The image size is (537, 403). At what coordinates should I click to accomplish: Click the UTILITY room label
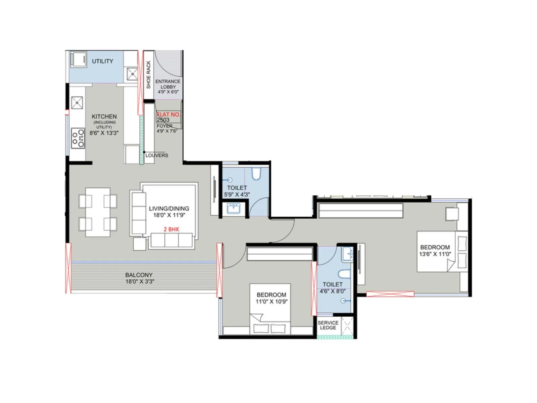pyautogui.click(x=102, y=61)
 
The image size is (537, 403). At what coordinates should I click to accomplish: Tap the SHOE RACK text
pyautogui.click(x=149, y=75)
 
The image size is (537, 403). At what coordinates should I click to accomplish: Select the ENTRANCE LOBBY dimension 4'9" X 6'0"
pyautogui.click(x=168, y=92)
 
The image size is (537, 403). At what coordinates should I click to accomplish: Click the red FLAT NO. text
pyautogui.click(x=168, y=115)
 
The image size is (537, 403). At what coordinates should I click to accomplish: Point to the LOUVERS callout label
pyautogui.click(x=157, y=155)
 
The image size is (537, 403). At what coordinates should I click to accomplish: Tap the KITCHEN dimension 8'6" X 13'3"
pyautogui.click(x=104, y=133)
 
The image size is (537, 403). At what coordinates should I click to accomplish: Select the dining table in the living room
pyautogui.click(x=98, y=212)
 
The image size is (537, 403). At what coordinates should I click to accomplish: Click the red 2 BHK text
pyautogui.click(x=171, y=229)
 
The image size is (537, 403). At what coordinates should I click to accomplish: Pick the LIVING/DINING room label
pyautogui.click(x=169, y=209)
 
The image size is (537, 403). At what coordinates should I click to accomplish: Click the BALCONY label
pyautogui.click(x=139, y=275)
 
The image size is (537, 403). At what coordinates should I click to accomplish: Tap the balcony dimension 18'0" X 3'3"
pyautogui.click(x=140, y=281)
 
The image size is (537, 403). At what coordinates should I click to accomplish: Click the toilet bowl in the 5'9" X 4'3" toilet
pyautogui.click(x=256, y=174)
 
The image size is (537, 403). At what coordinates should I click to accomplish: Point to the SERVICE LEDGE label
pyautogui.click(x=328, y=325)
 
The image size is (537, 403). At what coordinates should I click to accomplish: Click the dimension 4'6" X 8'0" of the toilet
pyautogui.click(x=332, y=291)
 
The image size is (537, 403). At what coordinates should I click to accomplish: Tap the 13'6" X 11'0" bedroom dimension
pyautogui.click(x=435, y=254)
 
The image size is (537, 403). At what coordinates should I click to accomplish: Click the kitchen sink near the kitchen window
pyautogui.click(x=77, y=103)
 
